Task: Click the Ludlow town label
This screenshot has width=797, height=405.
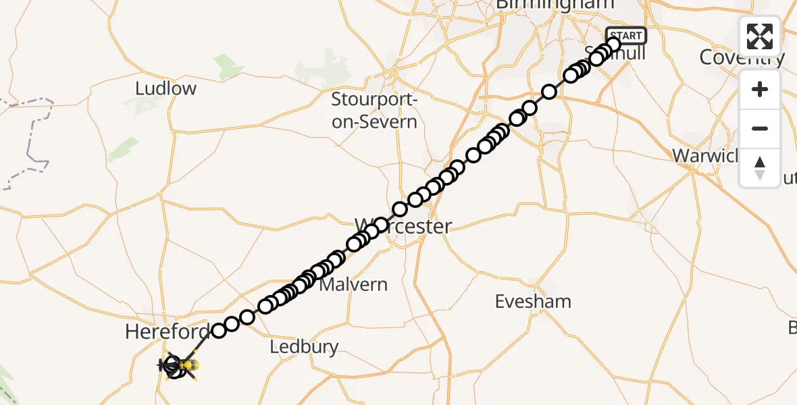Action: coord(165,88)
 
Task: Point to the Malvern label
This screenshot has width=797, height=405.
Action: coord(353,284)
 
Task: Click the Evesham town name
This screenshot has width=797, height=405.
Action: coord(533,301)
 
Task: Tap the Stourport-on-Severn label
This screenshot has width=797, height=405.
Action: coord(374,111)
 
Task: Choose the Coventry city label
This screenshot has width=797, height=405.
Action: coord(742,57)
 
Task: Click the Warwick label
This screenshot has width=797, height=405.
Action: coord(706,156)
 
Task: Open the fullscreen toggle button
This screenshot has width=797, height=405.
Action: coord(760,36)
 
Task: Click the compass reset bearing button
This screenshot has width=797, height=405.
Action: coord(760,168)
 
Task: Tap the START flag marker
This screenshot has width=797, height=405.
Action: coord(626,36)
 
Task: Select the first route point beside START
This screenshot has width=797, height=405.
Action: coord(613,45)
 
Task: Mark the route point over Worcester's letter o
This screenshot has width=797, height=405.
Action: coord(382,225)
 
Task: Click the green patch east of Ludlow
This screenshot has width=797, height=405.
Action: coord(229,67)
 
